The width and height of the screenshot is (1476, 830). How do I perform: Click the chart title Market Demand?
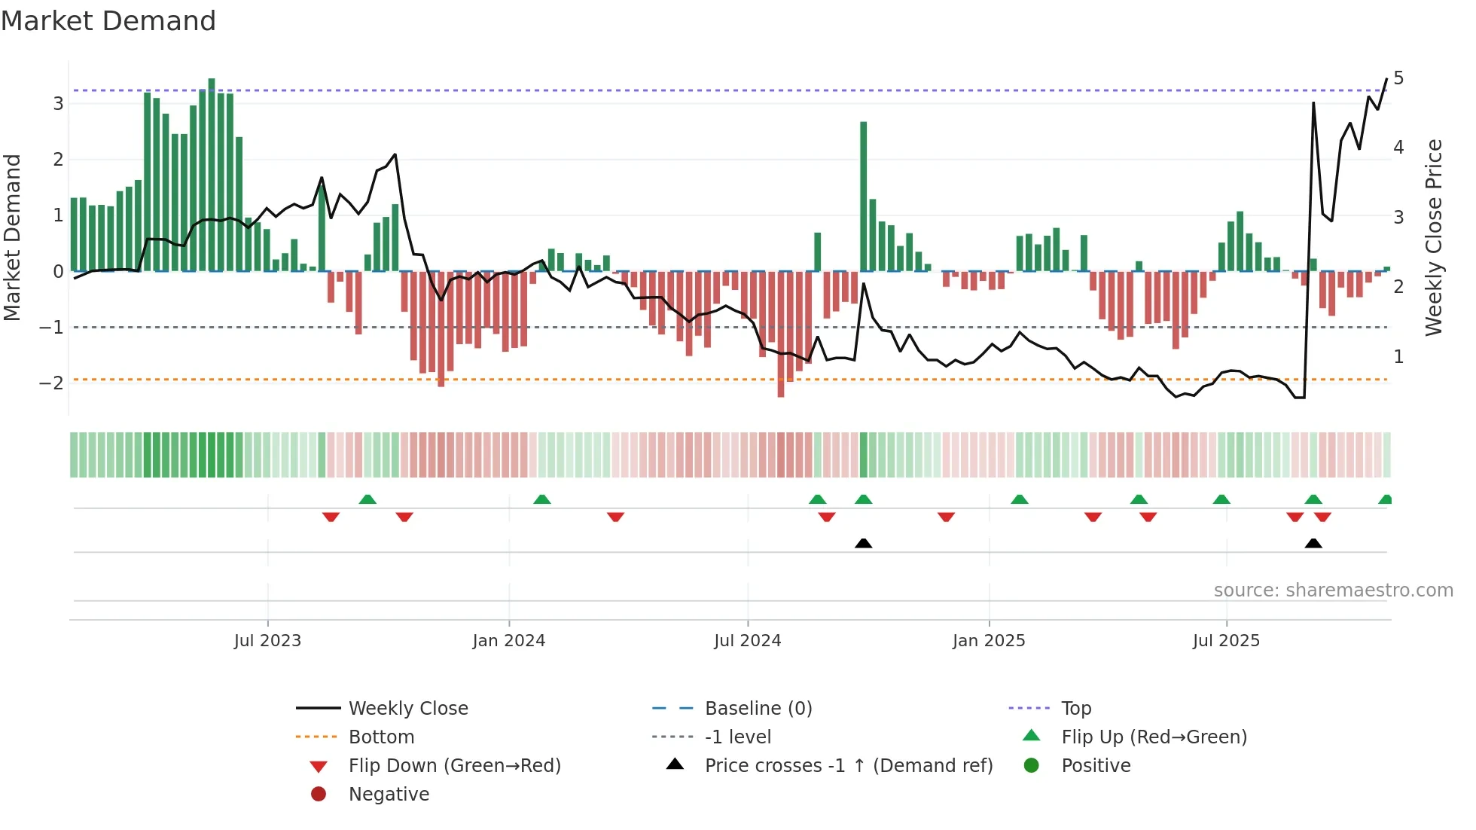(x=108, y=21)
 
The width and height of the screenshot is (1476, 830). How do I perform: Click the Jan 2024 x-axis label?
(x=508, y=641)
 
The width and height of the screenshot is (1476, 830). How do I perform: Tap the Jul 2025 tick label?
(x=1225, y=641)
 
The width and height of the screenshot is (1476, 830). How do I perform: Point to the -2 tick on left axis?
(x=52, y=383)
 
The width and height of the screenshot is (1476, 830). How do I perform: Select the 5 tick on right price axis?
(x=1398, y=78)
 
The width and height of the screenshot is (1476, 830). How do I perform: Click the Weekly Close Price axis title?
(x=1434, y=237)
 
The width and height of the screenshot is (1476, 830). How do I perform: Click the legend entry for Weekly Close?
(x=407, y=709)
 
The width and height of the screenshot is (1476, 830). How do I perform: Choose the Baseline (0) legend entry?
(x=758, y=709)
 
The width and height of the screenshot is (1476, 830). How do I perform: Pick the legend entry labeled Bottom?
(x=381, y=737)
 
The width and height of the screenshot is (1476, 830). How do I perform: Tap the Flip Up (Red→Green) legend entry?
(x=1154, y=737)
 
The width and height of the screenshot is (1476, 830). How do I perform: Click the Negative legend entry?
(x=389, y=795)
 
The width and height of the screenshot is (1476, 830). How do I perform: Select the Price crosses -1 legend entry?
(x=848, y=766)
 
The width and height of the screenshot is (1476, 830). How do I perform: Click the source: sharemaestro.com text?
(x=1333, y=590)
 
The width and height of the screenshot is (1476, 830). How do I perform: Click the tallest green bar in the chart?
(x=212, y=175)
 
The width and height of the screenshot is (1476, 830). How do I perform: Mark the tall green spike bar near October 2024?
(x=864, y=196)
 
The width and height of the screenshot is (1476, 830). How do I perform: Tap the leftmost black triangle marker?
(x=864, y=543)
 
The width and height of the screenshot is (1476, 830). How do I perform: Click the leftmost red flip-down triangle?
(x=331, y=517)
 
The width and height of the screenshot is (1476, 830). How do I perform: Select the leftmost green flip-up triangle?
(x=367, y=499)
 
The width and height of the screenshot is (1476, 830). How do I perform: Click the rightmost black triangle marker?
(x=1313, y=543)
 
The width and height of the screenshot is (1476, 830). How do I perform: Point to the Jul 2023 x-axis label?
(x=267, y=641)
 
